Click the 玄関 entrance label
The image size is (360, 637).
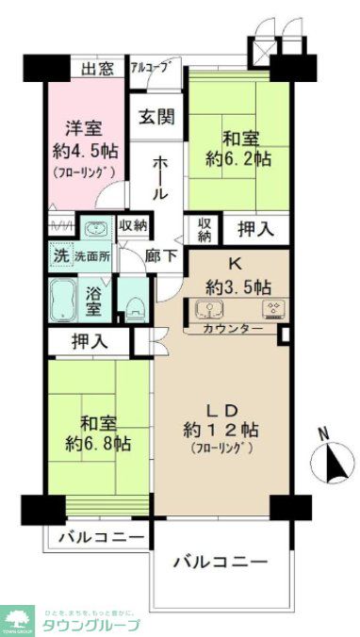click(x=156, y=117)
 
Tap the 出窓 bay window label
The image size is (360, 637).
click(x=98, y=68)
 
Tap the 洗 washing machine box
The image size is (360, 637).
click(x=58, y=254)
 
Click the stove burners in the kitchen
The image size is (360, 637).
click(x=272, y=309)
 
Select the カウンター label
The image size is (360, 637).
click(x=233, y=329)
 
